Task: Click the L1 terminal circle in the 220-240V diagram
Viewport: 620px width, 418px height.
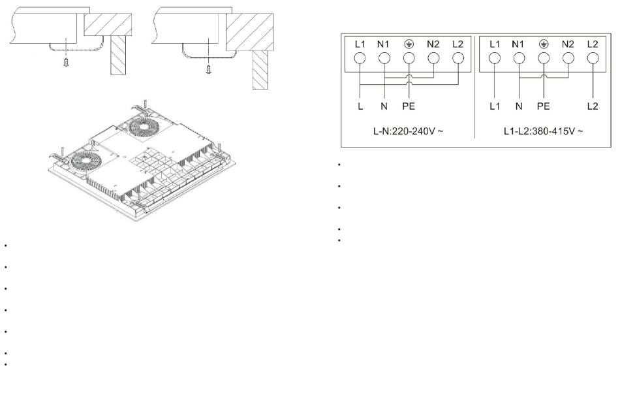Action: [360, 58]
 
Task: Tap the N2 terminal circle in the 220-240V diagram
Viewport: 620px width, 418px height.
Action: [433, 58]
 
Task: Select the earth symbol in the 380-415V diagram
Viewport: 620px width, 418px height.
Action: [544, 44]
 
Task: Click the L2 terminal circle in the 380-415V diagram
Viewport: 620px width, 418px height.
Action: [593, 58]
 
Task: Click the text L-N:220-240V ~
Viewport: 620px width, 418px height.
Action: [408, 131]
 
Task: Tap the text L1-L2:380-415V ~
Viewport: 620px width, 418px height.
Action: [543, 131]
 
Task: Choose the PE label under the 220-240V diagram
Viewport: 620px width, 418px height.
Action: [409, 106]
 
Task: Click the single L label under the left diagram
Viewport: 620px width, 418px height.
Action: [360, 106]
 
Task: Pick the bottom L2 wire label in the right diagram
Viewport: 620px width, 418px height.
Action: [593, 106]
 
